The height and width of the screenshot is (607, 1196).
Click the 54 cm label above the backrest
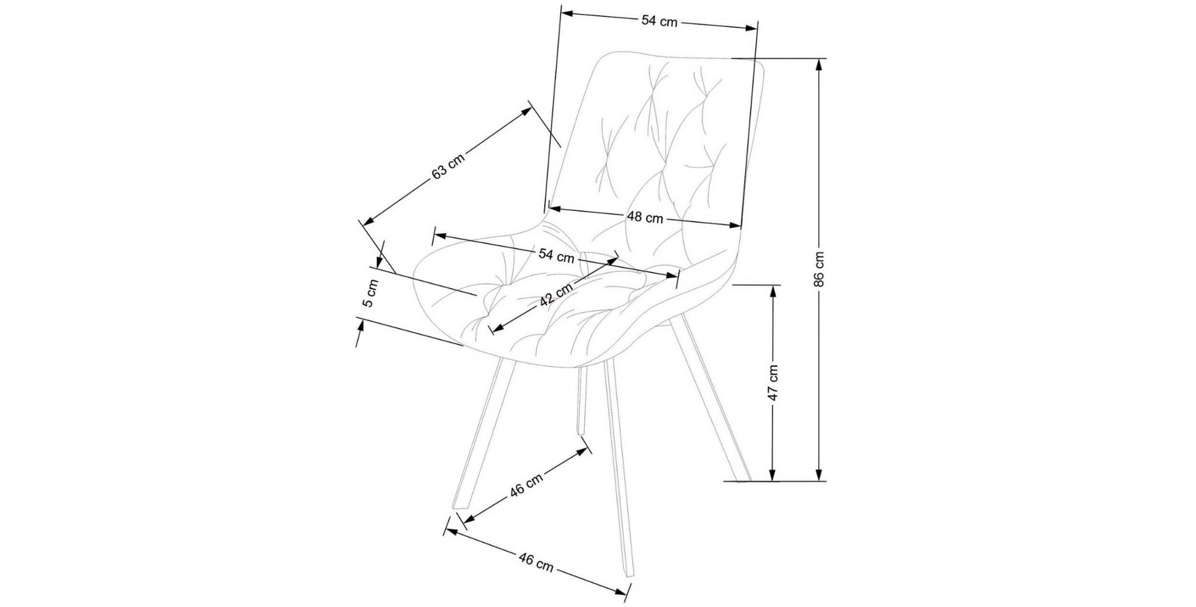pyautogui.click(x=659, y=21)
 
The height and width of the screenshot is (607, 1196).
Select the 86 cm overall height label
pyautogui.click(x=819, y=269)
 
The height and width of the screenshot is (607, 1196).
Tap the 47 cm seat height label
pyautogui.click(x=773, y=383)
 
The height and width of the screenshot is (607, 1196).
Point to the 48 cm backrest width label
pyautogui.click(x=645, y=217)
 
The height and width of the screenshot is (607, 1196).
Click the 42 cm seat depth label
pyautogui.click(x=555, y=295)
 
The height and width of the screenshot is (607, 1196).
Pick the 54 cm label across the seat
pyautogui.click(x=556, y=255)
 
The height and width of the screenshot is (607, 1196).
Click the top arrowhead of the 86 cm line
pyautogui.click(x=819, y=64)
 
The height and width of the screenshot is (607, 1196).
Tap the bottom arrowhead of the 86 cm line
pyautogui.click(x=819, y=476)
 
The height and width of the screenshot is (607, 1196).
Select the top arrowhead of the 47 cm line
pyautogui.click(x=773, y=290)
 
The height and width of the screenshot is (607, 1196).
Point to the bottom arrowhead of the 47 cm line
pyautogui.click(x=773, y=476)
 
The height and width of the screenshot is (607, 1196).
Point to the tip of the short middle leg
pyautogui.click(x=581, y=433)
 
